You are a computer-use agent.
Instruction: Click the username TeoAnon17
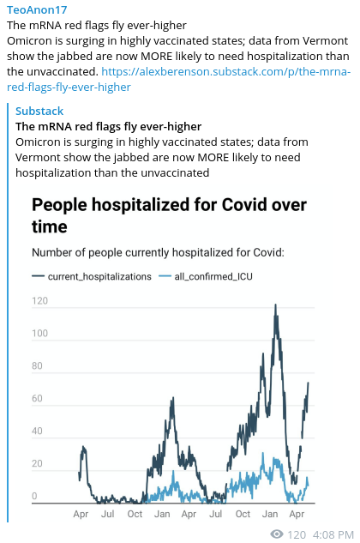pyautogui.click(x=37, y=9)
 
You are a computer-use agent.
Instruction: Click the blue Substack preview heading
pyautogui.click(x=39, y=111)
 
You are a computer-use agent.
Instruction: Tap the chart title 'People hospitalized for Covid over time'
pyautogui.click(x=169, y=215)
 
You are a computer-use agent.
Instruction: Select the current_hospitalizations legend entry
pyautogui.click(x=92, y=276)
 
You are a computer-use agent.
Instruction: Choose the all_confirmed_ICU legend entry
pyautogui.click(x=206, y=276)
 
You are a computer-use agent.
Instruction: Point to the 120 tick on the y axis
pyautogui.click(x=39, y=300)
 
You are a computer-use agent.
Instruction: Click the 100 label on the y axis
pyautogui.click(x=39, y=333)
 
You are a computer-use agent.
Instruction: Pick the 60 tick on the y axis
pyautogui.click(x=37, y=398)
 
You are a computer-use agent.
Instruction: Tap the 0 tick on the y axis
pyautogui.click(x=34, y=496)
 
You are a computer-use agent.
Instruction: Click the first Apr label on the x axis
pyautogui.click(x=81, y=514)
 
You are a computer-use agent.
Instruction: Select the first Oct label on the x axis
pyautogui.click(x=135, y=514)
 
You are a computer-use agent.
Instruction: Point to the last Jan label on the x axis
pyautogui.click(x=270, y=514)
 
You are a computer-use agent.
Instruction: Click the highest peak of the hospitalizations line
pyautogui.click(x=275, y=305)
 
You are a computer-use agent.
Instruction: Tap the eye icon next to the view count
pyautogui.click(x=277, y=534)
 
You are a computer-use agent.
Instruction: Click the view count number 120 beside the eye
pyautogui.click(x=297, y=534)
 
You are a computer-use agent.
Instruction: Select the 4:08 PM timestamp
pyautogui.click(x=333, y=534)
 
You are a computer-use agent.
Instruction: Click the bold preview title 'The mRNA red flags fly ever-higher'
pyautogui.click(x=108, y=126)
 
